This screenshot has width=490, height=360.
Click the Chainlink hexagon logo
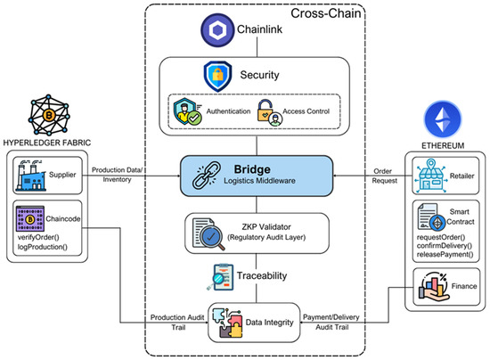(217, 30)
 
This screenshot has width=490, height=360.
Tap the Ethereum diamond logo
(443, 119)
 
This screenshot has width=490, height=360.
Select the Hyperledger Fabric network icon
(49, 115)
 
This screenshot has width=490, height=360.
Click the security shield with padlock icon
(217, 77)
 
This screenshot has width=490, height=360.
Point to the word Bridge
(252, 169)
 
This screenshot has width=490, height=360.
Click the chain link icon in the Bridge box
(207, 176)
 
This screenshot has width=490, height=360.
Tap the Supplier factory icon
(30, 176)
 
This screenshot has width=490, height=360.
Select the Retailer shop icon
(431, 176)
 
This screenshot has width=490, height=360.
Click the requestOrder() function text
(441, 237)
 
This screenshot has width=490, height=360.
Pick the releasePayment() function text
(445, 254)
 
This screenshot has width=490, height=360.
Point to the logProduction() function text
(43, 247)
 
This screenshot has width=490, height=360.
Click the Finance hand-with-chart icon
(434, 287)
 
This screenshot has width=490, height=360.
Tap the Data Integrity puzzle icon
(227, 323)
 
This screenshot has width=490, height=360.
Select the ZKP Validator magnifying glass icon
(208, 234)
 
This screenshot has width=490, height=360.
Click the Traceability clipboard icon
(220, 277)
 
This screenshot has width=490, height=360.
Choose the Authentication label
(228, 111)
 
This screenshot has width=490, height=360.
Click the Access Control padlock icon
(269, 113)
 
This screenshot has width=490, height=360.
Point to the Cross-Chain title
(325, 13)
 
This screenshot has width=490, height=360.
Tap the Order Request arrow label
(384, 176)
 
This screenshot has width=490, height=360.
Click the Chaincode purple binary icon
(30, 218)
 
